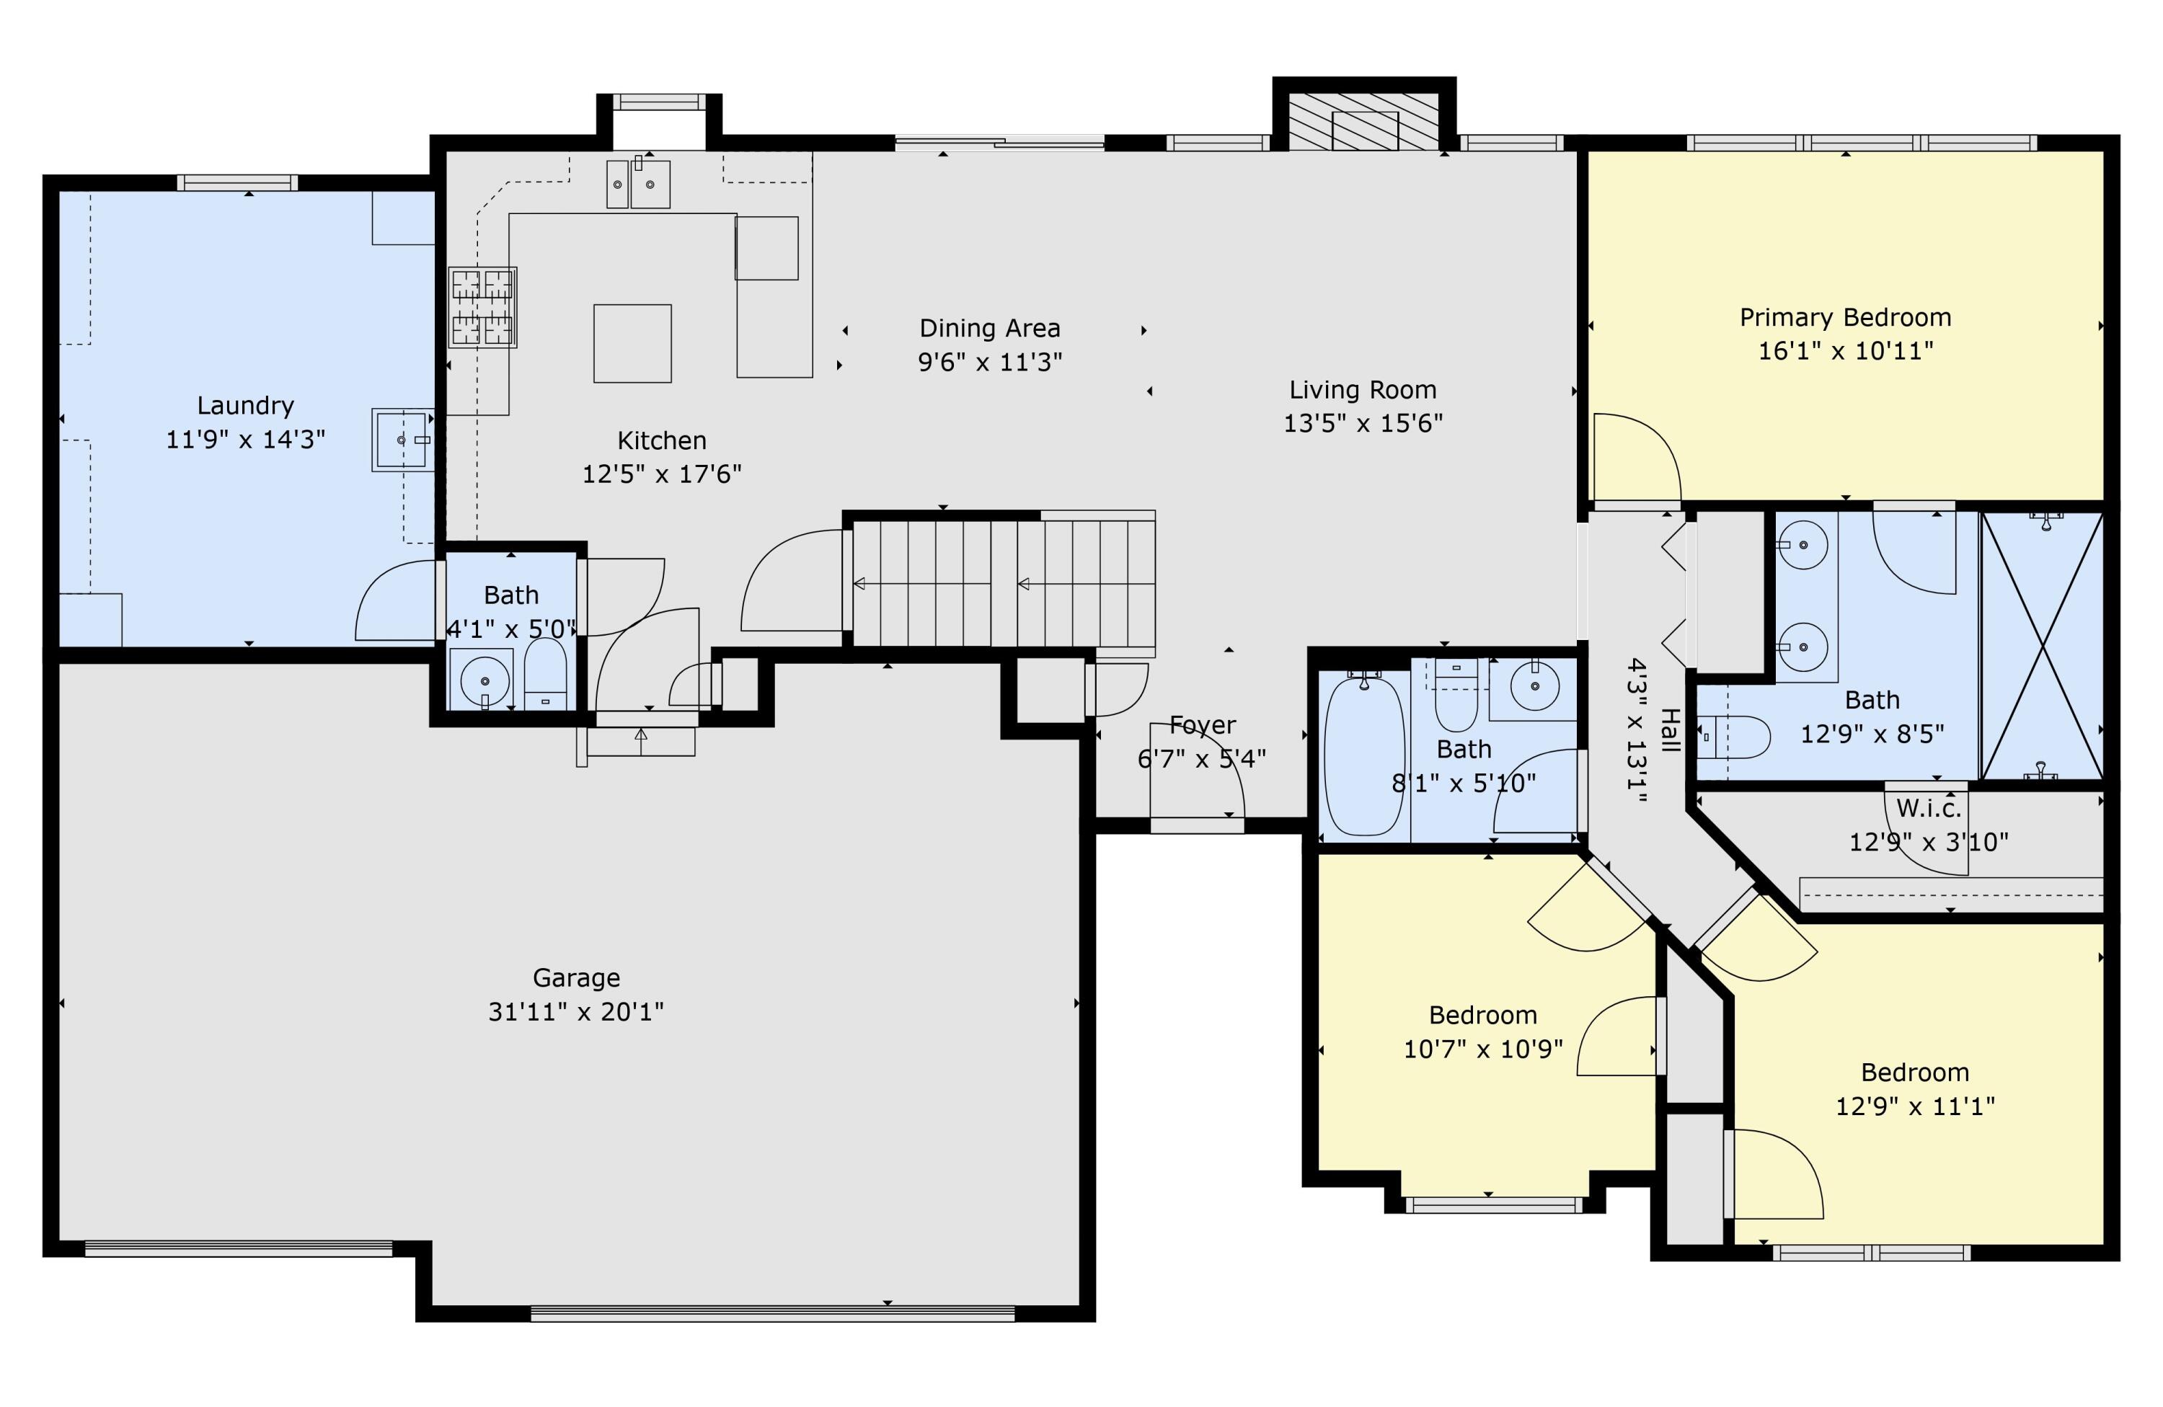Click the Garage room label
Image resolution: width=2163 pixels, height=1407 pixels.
point(576,977)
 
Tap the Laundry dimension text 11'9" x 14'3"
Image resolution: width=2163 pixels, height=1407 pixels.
point(245,440)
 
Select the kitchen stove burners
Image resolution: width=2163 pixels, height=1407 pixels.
point(482,307)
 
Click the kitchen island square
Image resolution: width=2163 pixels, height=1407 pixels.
point(632,343)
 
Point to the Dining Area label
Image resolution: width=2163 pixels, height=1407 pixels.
point(990,328)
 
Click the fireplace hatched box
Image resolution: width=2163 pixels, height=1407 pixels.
point(1364,121)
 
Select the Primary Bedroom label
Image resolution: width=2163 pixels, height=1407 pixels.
point(1845,318)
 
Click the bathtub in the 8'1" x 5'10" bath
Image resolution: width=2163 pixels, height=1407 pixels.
point(1364,753)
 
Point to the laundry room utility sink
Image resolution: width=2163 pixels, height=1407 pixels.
point(402,440)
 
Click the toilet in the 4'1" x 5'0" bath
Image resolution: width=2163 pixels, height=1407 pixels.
point(545,674)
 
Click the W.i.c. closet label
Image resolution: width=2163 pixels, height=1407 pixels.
point(1929,807)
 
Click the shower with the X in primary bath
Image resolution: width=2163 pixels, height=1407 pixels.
point(2042,646)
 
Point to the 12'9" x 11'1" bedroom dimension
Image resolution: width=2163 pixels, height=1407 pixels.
point(1915,1106)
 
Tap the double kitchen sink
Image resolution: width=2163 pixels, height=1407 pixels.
point(638,184)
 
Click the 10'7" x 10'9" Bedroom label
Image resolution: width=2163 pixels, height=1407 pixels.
point(1483,1015)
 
